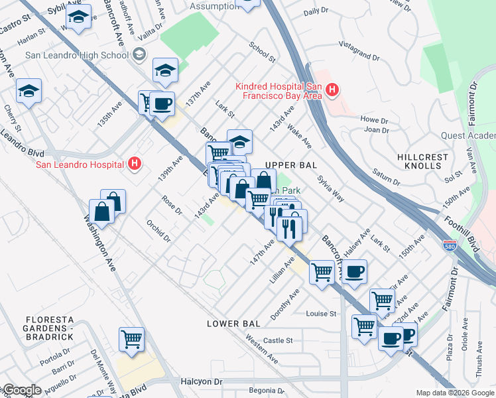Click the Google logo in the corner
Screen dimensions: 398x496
click(21, 390)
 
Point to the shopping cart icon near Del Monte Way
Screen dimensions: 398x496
click(132, 339)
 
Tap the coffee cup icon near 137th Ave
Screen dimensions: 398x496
click(162, 103)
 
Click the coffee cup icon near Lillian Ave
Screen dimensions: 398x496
click(354, 271)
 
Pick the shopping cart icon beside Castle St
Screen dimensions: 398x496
click(364, 326)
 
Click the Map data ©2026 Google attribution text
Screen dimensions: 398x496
click(454, 393)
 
